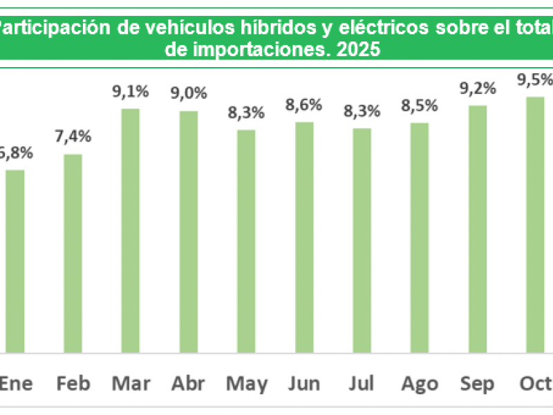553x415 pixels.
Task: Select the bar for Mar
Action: tap(131, 230)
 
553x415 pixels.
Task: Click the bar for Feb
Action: tap(73, 253)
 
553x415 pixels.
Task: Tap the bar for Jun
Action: tap(304, 237)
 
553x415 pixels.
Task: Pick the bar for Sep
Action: tap(478, 229)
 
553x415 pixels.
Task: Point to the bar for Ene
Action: tap(15, 261)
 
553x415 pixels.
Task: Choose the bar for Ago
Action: tap(420, 238)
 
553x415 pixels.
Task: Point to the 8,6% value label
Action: tap(304, 107)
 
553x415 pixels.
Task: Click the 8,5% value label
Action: tap(420, 107)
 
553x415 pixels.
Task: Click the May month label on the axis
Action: tap(247, 385)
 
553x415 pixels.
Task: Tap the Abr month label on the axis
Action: tap(189, 385)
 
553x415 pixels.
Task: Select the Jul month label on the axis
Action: tap(362, 385)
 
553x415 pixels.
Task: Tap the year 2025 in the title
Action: tap(359, 50)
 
